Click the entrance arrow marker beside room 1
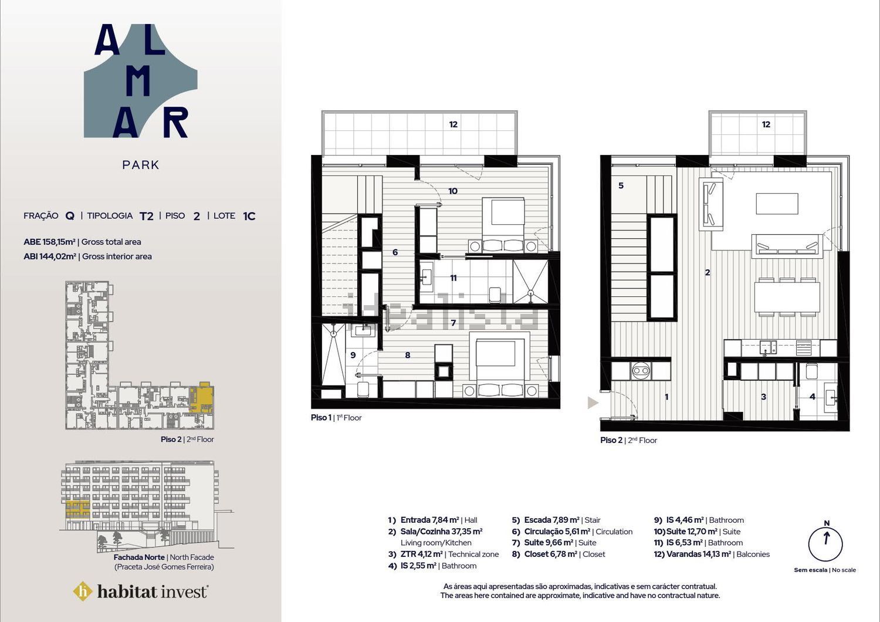coord(593,403)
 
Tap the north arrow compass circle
coord(825,544)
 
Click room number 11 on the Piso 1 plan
coord(453,278)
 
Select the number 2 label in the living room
coord(708,272)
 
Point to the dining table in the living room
coord(787,298)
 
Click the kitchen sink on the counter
coord(767,347)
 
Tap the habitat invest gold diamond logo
coord(83,591)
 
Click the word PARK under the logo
coord(141,165)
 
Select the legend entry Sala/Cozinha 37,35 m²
coord(441,531)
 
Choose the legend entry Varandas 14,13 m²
coord(699,554)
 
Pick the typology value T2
coord(147,216)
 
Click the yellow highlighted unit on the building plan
coord(202,397)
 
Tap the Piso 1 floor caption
coord(336,418)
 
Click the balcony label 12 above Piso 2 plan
coord(766,124)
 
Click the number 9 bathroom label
coord(353,355)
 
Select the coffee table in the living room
coord(777,204)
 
